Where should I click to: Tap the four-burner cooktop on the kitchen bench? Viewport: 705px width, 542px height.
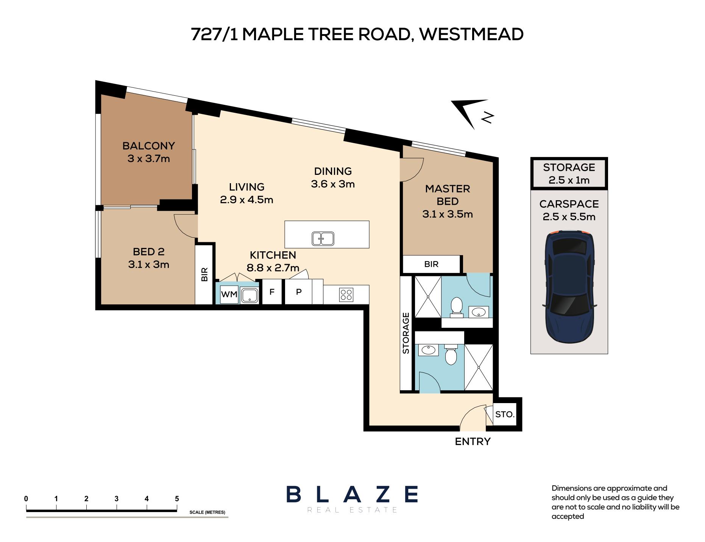pos(346,294)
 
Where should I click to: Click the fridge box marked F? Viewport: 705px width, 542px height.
pos(271,292)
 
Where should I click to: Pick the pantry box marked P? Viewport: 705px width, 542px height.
pos(298,292)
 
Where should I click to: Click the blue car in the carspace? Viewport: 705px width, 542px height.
pos(569,287)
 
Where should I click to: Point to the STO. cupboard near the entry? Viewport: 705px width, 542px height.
pos(504,414)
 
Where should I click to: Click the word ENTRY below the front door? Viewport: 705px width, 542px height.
pos(473,442)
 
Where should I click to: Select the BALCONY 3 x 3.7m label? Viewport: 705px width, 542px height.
pos(148,152)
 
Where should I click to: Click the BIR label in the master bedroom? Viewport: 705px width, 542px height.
pos(431,264)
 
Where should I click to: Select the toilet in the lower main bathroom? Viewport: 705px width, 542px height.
pos(451,354)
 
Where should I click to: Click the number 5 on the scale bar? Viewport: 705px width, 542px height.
pos(177,499)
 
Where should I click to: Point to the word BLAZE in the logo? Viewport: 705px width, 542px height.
pos(352,494)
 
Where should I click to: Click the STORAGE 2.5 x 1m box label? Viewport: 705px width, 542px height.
pos(569,173)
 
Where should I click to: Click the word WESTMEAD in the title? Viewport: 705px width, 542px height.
pos(471,34)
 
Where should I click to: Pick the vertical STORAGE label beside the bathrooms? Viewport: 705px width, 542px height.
pos(406,333)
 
